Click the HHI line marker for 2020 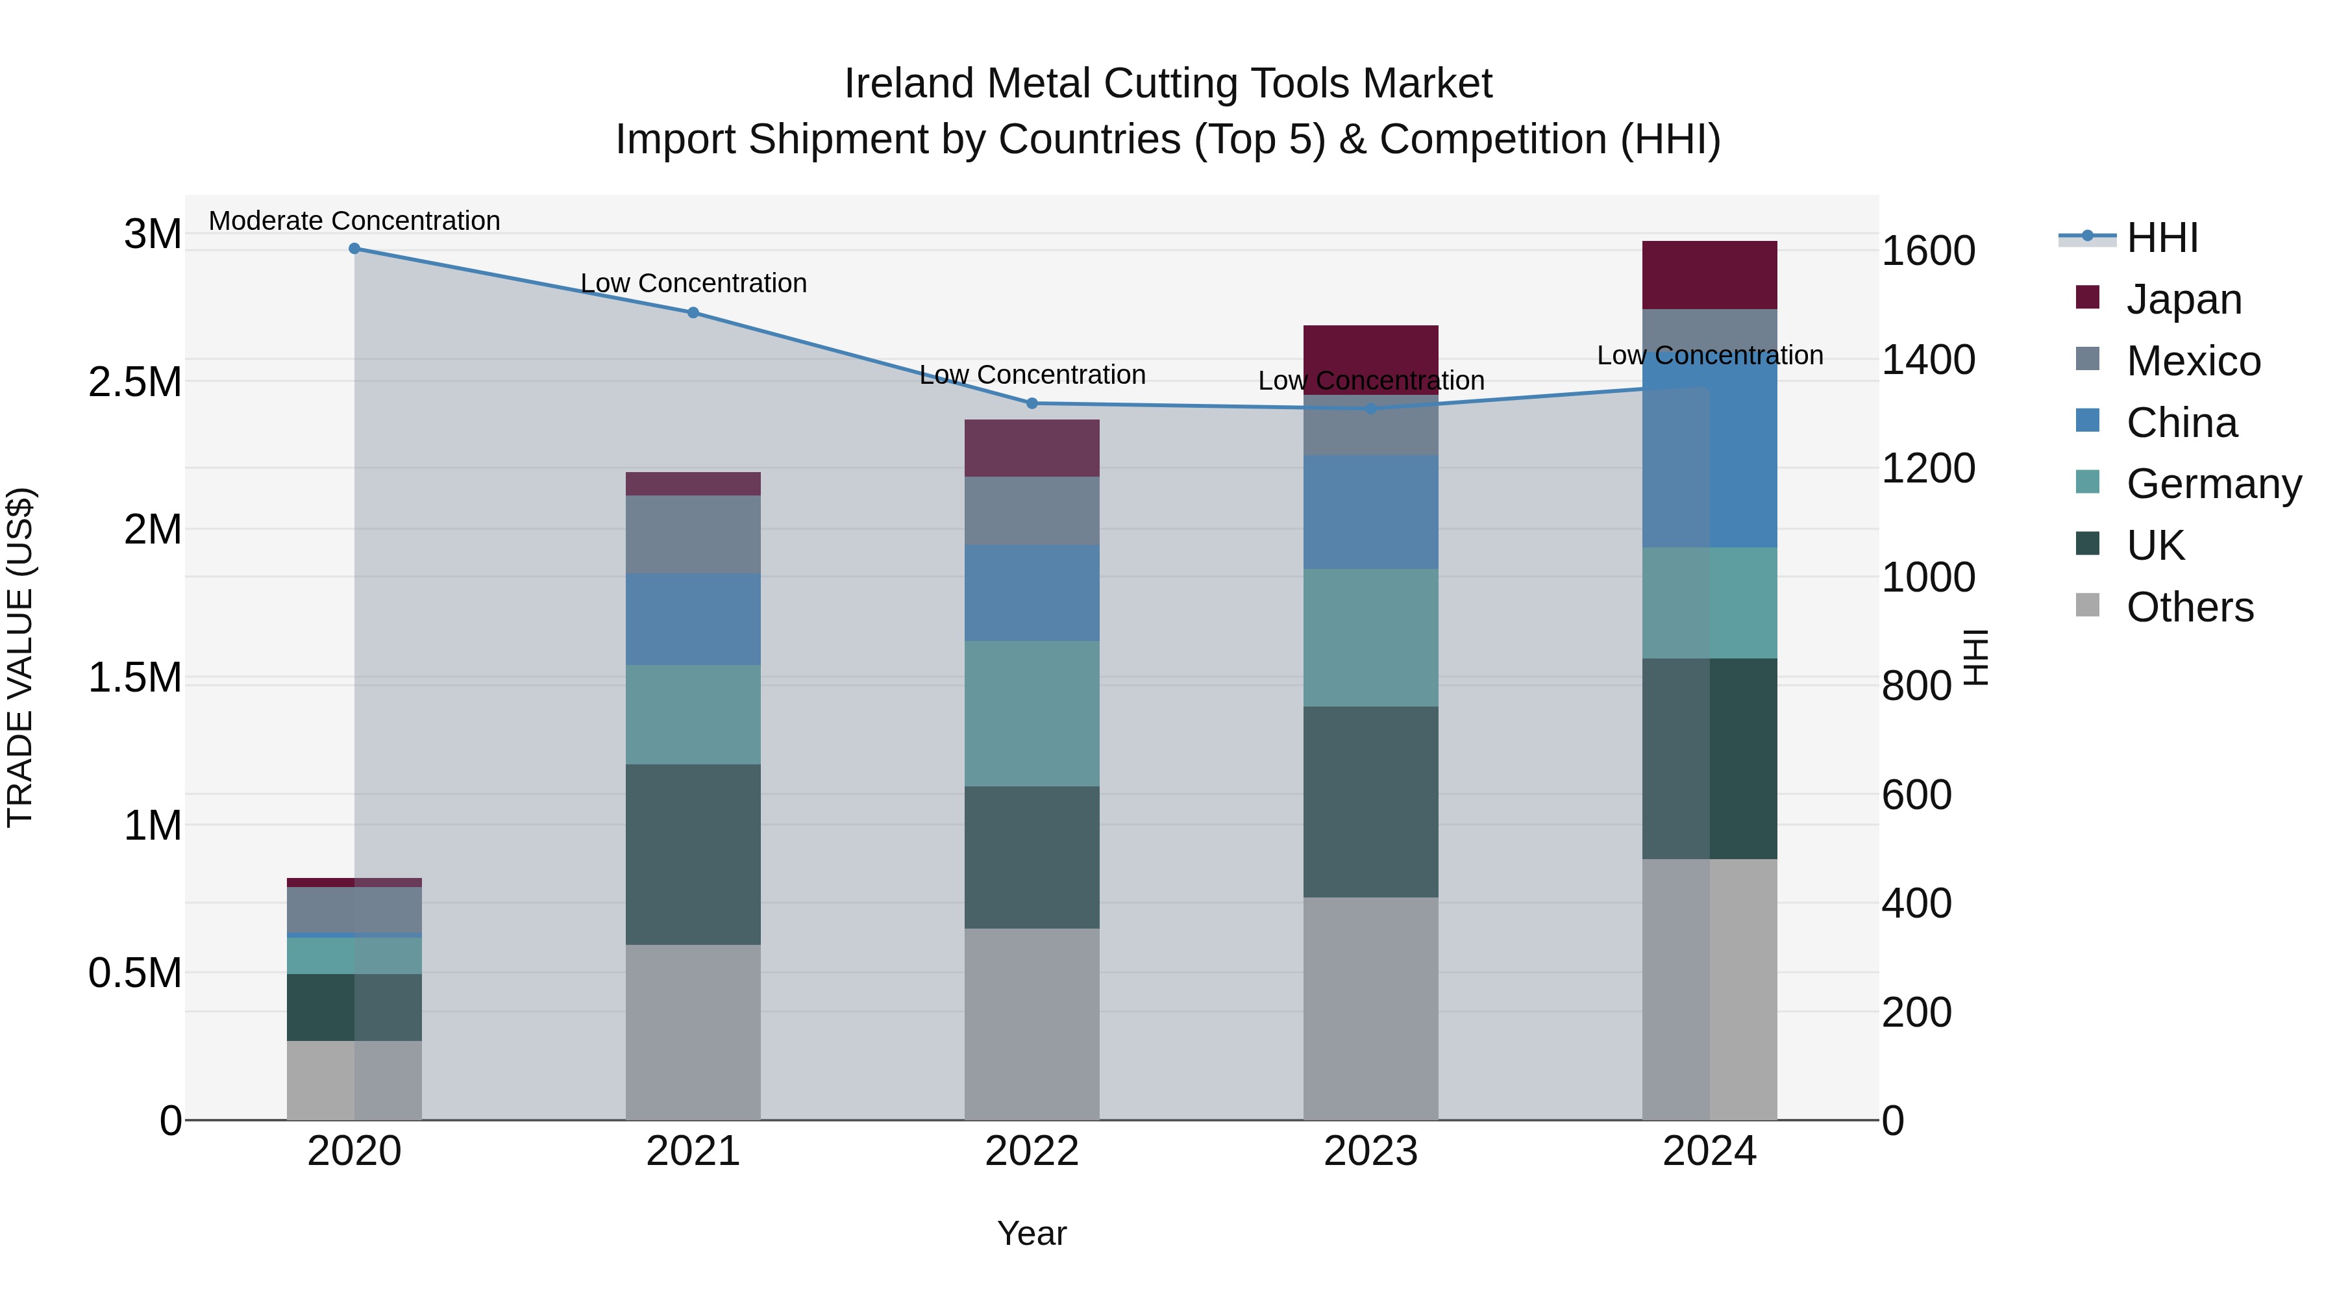tap(354, 249)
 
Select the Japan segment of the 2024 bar tap(1709, 275)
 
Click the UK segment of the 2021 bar tap(693, 854)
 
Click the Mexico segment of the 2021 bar tap(693, 534)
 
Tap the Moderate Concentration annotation tap(354, 221)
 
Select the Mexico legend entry tap(2193, 361)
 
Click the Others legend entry tap(2189, 607)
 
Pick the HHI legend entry tap(2161, 238)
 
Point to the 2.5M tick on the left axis tap(135, 382)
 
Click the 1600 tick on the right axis tap(1928, 251)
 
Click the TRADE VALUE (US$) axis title tap(21, 657)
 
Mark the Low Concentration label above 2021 tap(693, 284)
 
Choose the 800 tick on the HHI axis tap(1916, 686)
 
